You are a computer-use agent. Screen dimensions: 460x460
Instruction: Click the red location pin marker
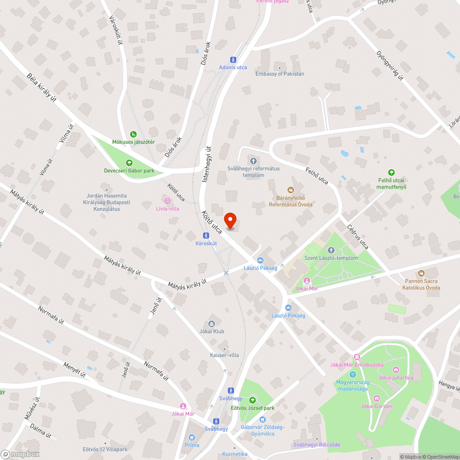[230, 220]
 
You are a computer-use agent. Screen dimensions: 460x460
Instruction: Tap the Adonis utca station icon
[233, 59]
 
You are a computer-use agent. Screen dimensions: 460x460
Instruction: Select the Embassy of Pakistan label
[280, 74]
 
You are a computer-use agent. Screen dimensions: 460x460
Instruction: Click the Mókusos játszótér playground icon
[133, 134]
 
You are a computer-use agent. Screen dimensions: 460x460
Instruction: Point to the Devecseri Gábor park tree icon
[129, 163]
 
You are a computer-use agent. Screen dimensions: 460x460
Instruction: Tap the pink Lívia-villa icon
[167, 201]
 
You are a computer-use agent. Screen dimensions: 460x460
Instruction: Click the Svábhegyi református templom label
[253, 172]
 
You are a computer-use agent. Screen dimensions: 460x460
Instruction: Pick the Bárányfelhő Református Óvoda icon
[290, 190]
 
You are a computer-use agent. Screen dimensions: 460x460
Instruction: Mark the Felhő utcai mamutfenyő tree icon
[392, 172]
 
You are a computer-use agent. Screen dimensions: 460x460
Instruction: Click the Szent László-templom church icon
[331, 250]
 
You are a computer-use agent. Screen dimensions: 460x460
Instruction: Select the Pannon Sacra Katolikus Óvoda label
[422, 284]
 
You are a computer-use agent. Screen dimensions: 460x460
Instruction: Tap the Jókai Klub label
[212, 331]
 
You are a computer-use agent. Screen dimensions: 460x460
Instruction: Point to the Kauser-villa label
[224, 355]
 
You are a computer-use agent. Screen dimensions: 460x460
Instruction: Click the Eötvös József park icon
[253, 400]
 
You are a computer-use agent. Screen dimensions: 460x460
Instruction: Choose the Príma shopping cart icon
[192, 437]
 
